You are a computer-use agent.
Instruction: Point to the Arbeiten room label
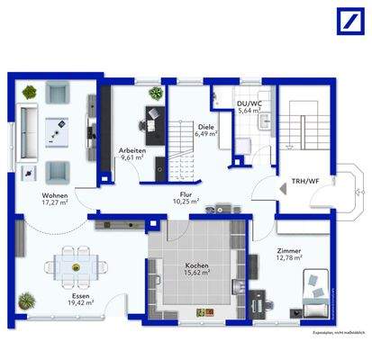tap(132, 152)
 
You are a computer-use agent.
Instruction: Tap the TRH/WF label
tap(303, 181)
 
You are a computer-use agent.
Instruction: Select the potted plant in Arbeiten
tap(155, 94)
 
